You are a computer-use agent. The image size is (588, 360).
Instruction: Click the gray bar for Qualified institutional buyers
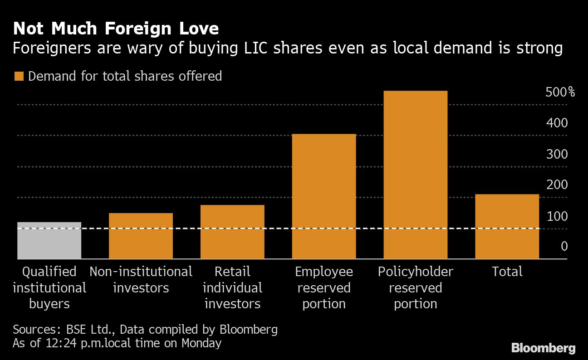49,241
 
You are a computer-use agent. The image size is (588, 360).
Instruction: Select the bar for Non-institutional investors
141,236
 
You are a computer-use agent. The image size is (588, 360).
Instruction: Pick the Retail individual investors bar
232,232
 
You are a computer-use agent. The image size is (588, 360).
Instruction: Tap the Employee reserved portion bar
324,197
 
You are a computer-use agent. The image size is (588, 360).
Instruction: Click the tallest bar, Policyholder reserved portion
416,175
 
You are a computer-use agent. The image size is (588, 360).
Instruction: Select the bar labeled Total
507,227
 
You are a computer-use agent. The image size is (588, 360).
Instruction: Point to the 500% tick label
560,92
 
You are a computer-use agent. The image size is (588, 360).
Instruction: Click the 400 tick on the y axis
557,123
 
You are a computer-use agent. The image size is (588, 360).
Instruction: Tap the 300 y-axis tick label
557,154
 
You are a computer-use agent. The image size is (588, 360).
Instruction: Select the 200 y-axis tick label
557,185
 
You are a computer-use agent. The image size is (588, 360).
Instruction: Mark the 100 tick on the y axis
557,216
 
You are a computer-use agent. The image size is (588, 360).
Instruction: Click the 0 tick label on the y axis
564,246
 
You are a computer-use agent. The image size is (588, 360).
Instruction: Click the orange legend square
19,76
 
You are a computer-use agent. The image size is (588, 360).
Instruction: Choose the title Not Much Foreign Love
116,29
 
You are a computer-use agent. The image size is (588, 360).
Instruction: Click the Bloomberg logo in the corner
544,348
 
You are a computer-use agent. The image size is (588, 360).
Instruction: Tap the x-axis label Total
507,272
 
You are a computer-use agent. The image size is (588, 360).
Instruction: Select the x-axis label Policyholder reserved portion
416,287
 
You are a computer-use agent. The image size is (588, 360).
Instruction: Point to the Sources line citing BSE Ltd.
145,329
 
